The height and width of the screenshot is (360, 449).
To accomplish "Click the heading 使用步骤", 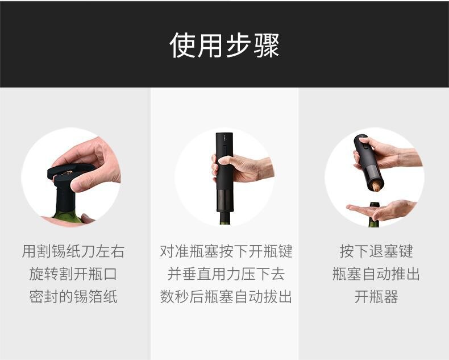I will pos(224,45).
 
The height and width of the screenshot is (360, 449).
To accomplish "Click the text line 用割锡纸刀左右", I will pos(73,251).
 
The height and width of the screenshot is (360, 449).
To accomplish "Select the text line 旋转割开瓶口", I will pos(73,274).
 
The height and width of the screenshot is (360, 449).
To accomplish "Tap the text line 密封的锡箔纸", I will pos(73,296).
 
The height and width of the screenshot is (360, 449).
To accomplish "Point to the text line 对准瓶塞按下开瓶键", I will pos(226,251).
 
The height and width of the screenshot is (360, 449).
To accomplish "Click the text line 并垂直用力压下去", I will pos(226,274).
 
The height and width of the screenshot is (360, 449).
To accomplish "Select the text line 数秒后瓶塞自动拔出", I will pos(226,296).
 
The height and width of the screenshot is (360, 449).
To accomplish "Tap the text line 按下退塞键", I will pos(376,251).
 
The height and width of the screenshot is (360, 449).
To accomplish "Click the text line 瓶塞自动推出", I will pos(376,274).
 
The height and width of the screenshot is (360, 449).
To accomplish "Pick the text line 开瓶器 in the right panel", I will pos(376,296).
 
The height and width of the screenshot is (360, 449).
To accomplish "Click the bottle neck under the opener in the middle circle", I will pos(223,220).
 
